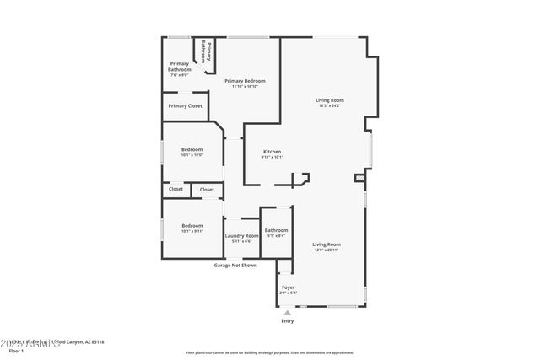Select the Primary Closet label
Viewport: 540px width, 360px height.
tap(185, 105)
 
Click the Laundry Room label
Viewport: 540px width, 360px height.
tap(241, 236)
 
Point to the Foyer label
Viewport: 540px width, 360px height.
tap(288, 288)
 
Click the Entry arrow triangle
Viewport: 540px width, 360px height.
tap(288, 311)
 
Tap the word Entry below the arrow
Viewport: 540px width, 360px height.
tap(288, 320)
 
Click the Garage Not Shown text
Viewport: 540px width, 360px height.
tap(235, 265)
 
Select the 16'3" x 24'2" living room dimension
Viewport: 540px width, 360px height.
tap(330, 105)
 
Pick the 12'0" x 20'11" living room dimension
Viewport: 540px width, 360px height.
tap(327, 250)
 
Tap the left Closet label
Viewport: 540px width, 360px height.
tap(175, 190)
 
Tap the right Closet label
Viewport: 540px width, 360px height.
tap(207, 190)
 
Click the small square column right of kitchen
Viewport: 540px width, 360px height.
tap(359, 178)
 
